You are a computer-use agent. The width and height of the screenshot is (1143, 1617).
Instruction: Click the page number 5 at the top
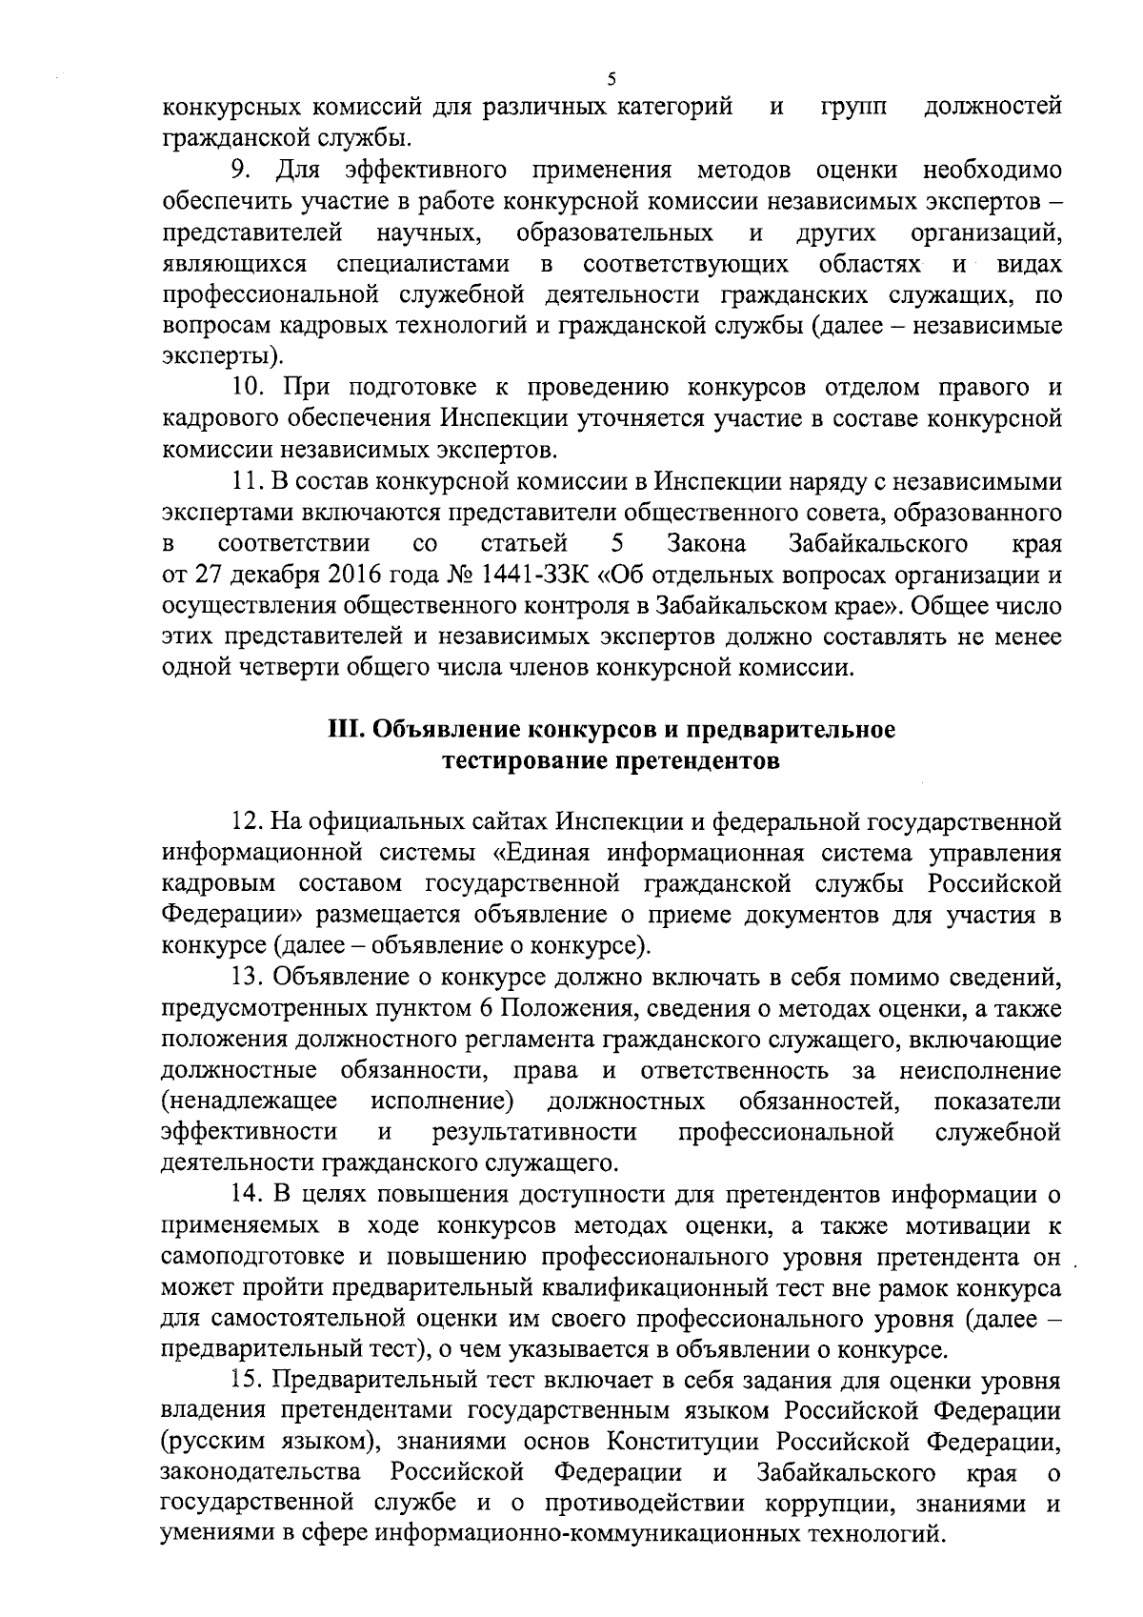click(611, 79)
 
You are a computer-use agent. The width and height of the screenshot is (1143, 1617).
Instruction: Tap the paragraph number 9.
click(238, 171)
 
